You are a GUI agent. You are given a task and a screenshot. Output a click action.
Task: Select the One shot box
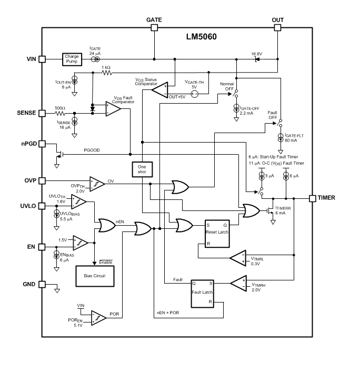click(142, 169)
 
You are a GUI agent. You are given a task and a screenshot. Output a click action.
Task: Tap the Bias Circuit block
click(95, 275)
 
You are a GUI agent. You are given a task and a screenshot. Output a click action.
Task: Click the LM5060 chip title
click(202, 37)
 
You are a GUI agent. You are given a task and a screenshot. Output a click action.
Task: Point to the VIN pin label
click(29, 59)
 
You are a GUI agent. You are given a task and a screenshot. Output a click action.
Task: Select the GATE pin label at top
click(154, 20)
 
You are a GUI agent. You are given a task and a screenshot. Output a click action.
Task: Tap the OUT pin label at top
click(277, 20)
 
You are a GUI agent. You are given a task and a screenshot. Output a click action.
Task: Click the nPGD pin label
click(27, 144)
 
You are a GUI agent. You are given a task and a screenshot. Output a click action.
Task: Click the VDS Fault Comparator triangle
click(112, 109)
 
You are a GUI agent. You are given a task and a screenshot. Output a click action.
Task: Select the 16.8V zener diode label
click(257, 54)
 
